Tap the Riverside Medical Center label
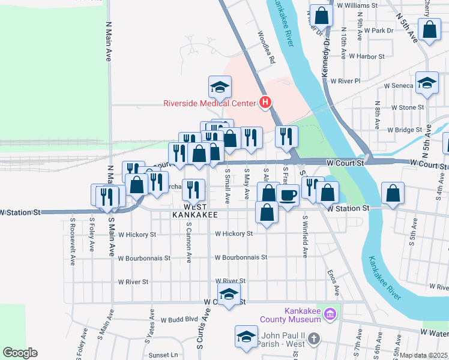tap(210, 103)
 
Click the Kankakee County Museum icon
tap(329, 314)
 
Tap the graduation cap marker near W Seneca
tap(427, 84)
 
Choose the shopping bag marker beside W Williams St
tap(322, 16)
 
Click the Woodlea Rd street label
tap(267, 47)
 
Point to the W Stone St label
tap(408, 107)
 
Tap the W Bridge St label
tap(405, 130)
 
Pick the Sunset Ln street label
tap(164, 355)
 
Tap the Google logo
tap(20, 353)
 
